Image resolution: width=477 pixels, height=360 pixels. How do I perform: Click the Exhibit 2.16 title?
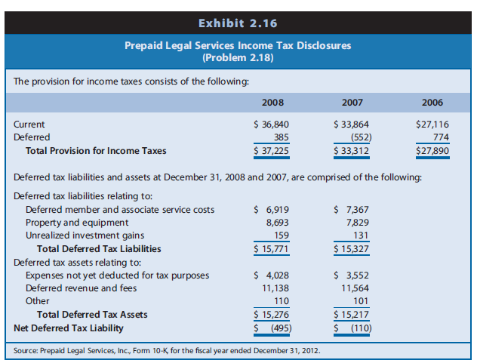[x=238, y=14]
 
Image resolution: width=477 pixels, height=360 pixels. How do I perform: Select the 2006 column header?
[x=432, y=102]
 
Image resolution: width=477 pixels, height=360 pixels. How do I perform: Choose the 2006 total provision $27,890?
[x=429, y=150]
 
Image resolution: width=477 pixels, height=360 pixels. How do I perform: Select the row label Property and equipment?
[x=77, y=223]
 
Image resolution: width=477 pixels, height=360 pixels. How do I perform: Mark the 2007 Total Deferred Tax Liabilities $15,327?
[x=352, y=248]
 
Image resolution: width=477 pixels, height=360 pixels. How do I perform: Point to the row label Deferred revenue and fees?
[x=83, y=288]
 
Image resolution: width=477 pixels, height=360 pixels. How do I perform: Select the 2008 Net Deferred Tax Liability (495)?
[x=272, y=328]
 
